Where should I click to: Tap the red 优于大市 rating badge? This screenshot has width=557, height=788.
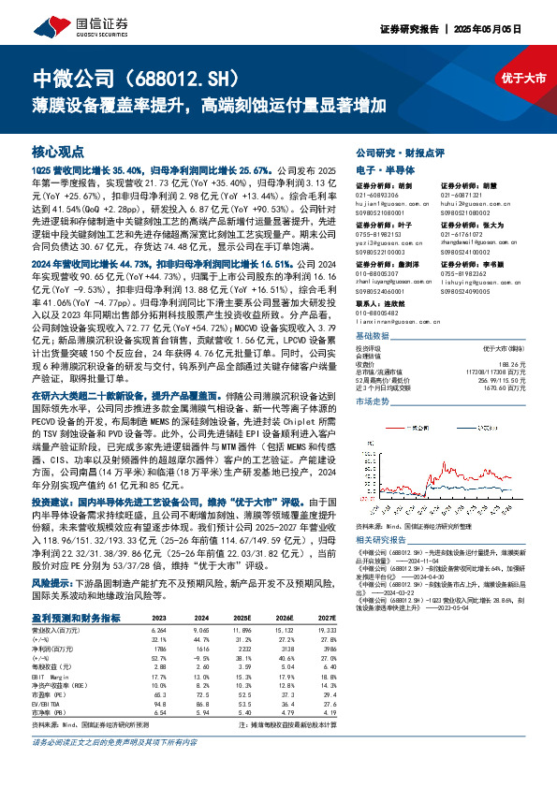coord(522,78)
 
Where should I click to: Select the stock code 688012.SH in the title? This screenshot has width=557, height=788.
coord(198,76)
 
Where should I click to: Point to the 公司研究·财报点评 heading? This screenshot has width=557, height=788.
coord(400,150)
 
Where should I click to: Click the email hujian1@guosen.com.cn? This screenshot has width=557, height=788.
coord(383,201)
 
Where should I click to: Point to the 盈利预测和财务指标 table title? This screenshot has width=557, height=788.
coord(76,618)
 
